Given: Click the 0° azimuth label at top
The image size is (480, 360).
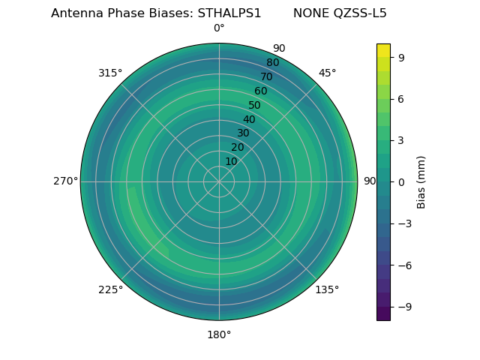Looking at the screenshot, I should [x=219, y=28].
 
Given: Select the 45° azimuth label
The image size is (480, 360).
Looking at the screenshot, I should [x=327, y=73].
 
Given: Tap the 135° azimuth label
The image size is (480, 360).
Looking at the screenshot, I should [x=327, y=289].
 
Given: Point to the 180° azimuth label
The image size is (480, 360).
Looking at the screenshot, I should [x=219, y=334].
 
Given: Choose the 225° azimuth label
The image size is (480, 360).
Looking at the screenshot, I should [x=110, y=289].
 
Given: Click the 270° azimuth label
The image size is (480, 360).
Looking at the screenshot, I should [x=65, y=181].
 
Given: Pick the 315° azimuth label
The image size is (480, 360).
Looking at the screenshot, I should [x=110, y=73].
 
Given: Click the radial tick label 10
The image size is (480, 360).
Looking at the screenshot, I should [x=231, y=161].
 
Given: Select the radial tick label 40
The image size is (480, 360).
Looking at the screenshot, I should [x=249, y=119].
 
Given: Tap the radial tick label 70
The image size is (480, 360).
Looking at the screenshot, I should [x=266, y=76].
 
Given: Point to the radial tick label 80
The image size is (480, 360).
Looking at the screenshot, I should [x=272, y=62].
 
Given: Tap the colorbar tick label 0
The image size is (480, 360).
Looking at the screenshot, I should [x=401, y=181].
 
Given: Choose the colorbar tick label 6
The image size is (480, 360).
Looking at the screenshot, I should [x=401, y=98].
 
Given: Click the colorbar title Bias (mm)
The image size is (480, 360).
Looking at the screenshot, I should [x=421, y=181].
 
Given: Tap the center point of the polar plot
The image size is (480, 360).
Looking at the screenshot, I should [x=219, y=181].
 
